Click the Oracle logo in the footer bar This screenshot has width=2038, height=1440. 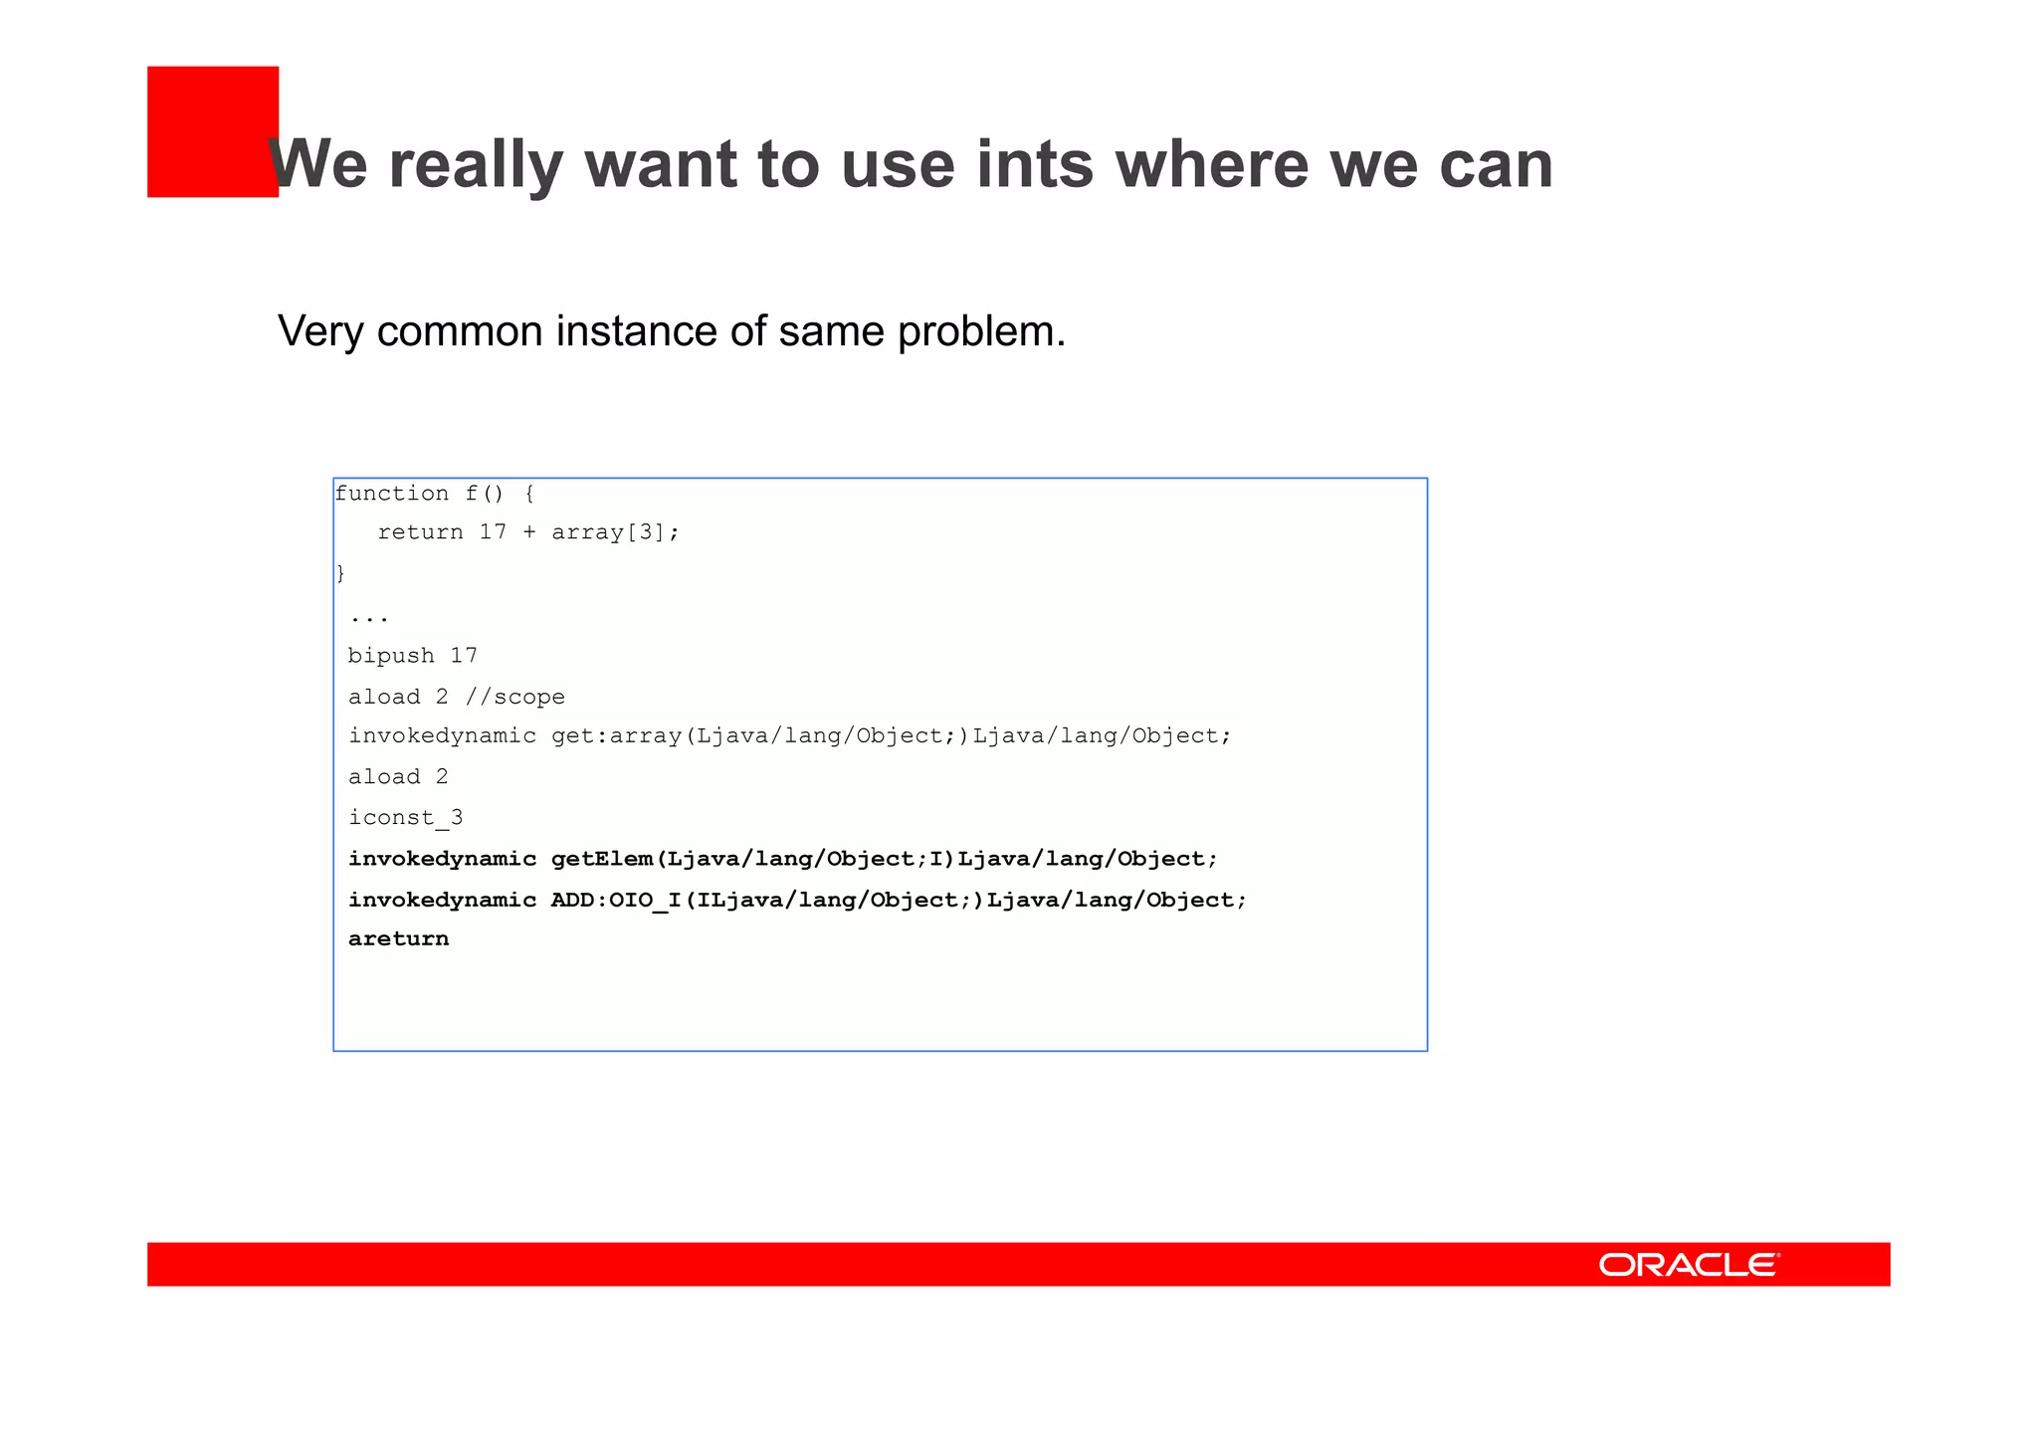pos(1689,1264)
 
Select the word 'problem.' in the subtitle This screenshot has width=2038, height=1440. pos(981,331)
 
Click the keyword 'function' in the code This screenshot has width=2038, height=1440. pos(392,494)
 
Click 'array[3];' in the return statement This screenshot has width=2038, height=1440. pos(615,532)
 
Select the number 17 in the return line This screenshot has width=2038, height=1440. pos(493,532)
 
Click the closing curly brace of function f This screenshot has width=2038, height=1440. pos(340,573)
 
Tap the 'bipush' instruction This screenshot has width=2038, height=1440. pos(391,656)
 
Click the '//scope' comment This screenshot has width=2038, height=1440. pos(515,697)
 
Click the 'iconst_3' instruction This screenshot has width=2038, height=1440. pos(405,818)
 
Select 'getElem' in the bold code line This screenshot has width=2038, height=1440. pos(602,859)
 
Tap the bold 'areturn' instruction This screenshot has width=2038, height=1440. pos(398,939)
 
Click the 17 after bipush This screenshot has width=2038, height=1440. pos(464,656)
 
